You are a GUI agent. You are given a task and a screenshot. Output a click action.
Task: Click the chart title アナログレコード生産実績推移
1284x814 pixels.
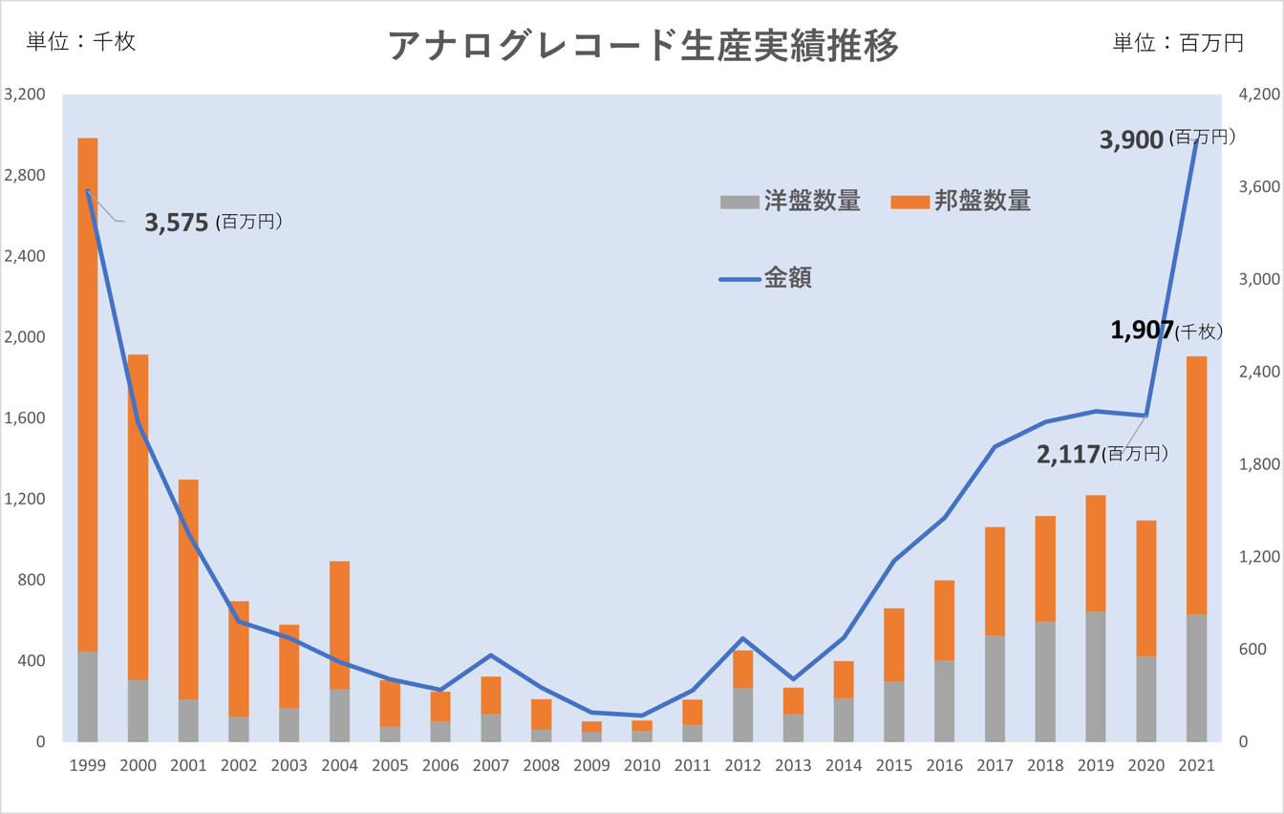pyautogui.click(x=643, y=45)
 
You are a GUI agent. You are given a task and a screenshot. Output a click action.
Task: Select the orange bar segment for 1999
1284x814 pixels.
pyautogui.click(x=88, y=392)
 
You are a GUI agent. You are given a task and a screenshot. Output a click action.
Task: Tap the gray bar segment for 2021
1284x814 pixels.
pyautogui.click(x=1196, y=677)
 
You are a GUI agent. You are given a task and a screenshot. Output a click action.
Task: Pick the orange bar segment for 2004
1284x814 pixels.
pyautogui.click(x=340, y=625)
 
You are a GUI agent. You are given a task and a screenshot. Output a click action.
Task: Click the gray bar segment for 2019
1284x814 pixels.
pyautogui.click(x=1096, y=676)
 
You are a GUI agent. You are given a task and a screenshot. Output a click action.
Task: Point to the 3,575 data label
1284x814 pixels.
pyautogui.click(x=177, y=224)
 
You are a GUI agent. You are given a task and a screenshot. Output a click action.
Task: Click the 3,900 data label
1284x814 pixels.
pyautogui.click(x=1132, y=139)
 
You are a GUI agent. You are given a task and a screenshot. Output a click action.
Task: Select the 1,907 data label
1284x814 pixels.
pyautogui.click(x=1142, y=331)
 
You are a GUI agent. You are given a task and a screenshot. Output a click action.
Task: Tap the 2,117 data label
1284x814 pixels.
pyautogui.click(x=1069, y=455)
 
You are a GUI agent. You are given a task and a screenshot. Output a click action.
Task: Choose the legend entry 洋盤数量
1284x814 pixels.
pyautogui.click(x=791, y=202)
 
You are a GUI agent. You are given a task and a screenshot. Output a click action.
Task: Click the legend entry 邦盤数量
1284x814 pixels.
pyautogui.click(x=961, y=202)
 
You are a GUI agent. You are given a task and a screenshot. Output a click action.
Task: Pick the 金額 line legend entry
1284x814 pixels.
pyautogui.click(x=766, y=279)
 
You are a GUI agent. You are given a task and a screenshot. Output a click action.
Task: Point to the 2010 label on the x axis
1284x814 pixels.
pyautogui.click(x=641, y=765)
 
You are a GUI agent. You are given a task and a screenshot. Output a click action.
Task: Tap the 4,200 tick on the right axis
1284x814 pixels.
pyautogui.click(x=1257, y=96)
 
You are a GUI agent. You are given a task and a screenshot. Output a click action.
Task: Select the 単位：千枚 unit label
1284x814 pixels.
pyautogui.click(x=81, y=42)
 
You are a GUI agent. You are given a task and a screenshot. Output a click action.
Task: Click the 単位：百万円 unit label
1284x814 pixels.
pyautogui.click(x=1178, y=43)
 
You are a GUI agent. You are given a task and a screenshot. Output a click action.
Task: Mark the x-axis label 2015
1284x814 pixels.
pyautogui.click(x=893, y=765)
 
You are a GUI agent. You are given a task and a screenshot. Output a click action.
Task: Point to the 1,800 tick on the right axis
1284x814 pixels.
pyautogui.click(x=1257, y=464)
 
